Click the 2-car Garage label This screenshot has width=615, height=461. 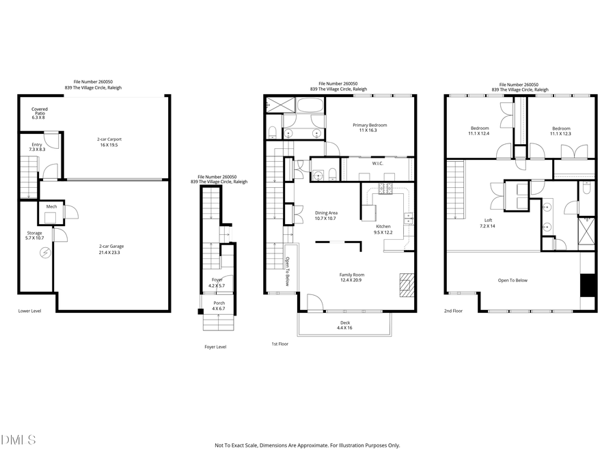click(x=111, y=249)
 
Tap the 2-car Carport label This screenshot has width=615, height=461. click(x=110, y=142)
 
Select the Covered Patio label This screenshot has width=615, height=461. click(x=39, y=113)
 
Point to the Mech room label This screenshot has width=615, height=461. click(x=51, y=206)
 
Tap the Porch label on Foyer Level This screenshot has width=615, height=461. click(x=219, y=305)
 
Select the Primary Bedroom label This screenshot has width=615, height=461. click(x=370, y=128)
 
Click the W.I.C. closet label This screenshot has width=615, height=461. click(x=377, y=163)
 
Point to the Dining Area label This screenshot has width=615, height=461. click(x=326, y=216)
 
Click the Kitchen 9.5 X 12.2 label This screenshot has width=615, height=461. click(x=383, y=229)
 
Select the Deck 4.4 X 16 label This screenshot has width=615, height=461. click(x=344, y=325)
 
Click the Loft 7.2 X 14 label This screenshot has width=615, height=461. click(x=487, y=223)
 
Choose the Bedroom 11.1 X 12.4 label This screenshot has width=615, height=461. click(x=479, y=130)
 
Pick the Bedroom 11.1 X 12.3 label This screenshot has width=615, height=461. click(x=561, y=130)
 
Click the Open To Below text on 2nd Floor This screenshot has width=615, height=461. click(x=512, y=280)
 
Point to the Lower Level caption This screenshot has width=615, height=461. click(x=30, y=311)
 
